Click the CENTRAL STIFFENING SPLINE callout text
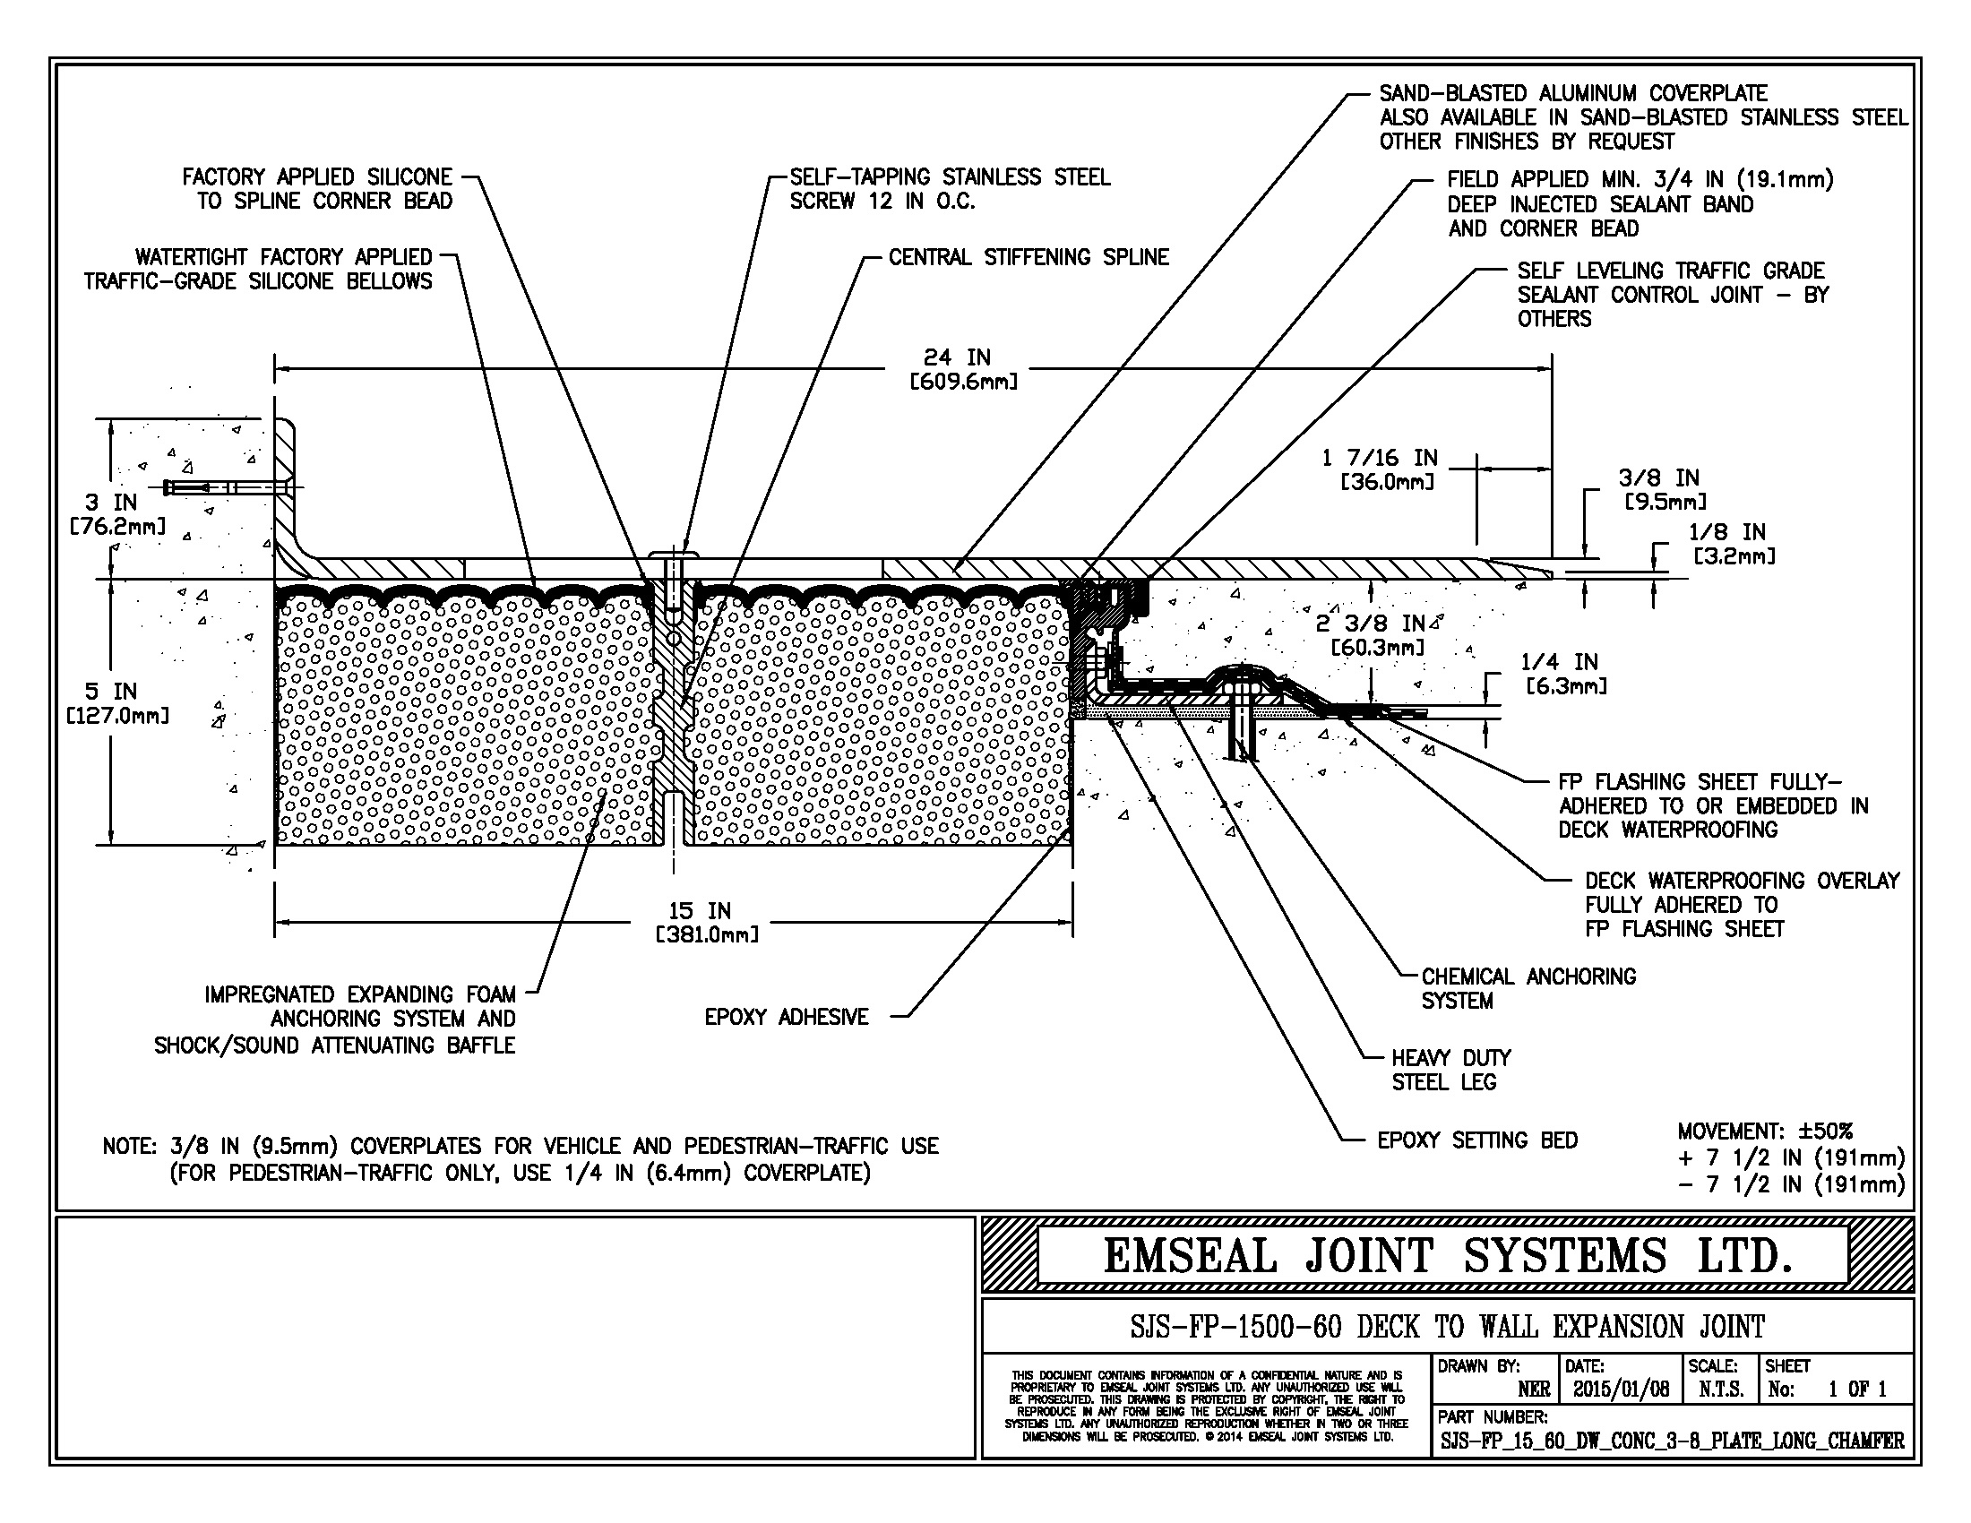[1029, 257]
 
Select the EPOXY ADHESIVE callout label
[786, 1017]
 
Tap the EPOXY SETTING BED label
[1477, 1140]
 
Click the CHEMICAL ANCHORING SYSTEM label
[1528, 988]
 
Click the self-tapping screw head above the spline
[674, 553]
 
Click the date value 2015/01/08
[1621, 1389]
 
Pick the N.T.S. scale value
[1720, 1389]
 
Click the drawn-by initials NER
[1534, 1390]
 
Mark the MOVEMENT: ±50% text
[1764, 1131]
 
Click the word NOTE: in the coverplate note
[128, 1147]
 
